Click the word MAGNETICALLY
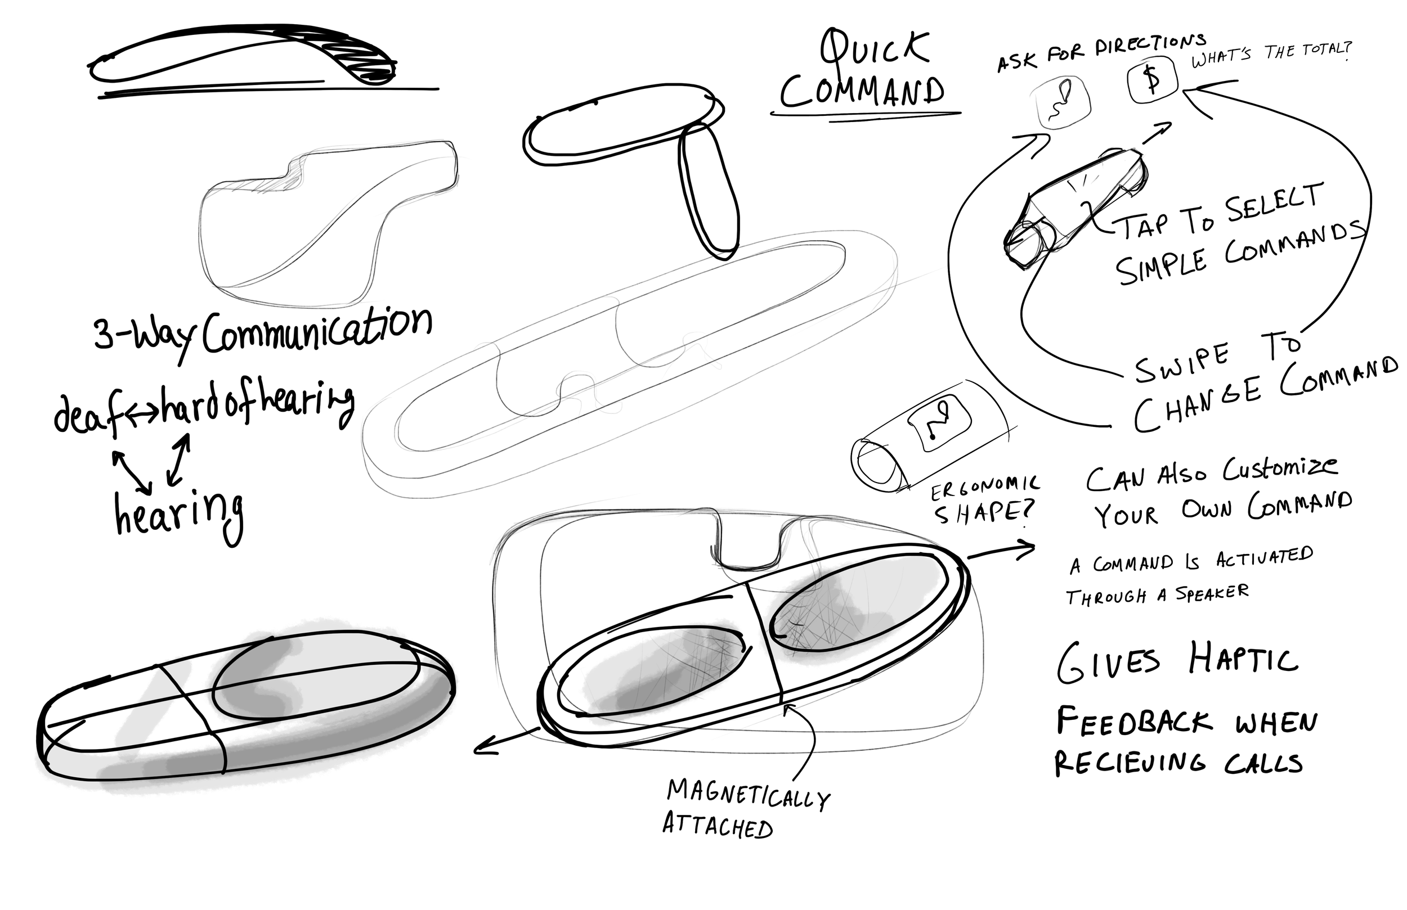749,793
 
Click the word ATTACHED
717,826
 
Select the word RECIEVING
1129,763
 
